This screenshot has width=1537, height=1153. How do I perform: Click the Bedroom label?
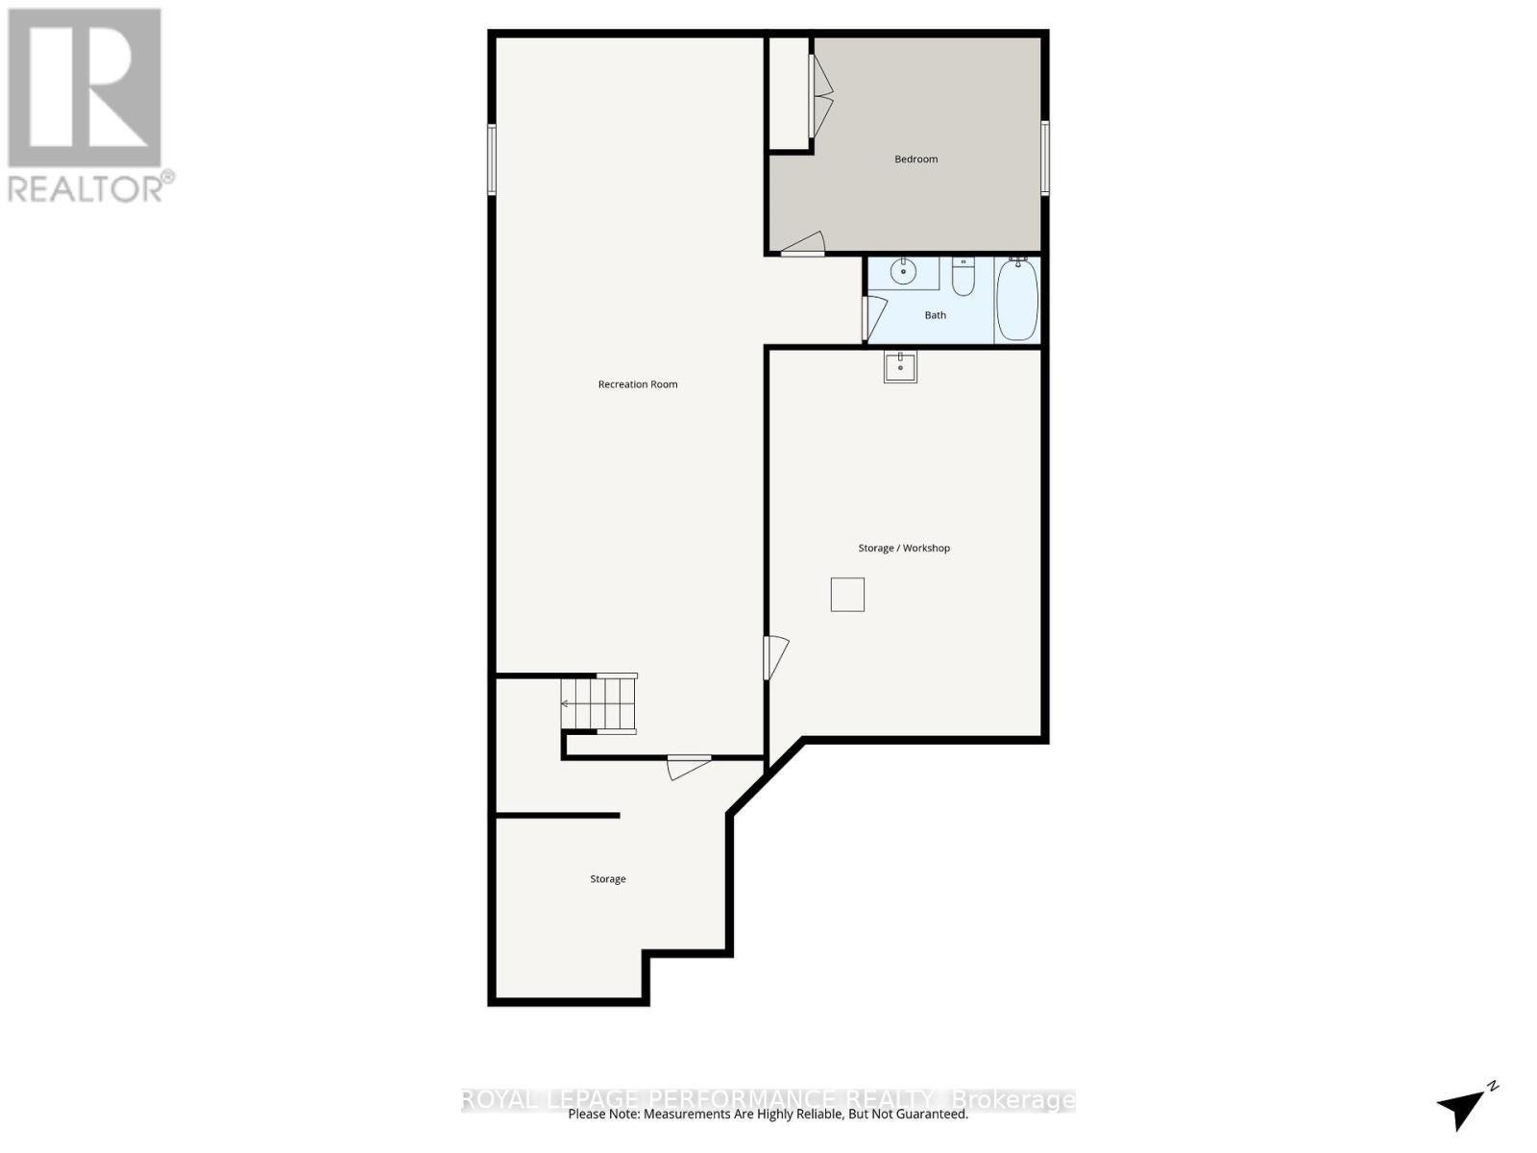915,159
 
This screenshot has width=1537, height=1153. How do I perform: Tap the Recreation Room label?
638,384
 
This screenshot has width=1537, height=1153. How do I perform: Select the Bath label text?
935,315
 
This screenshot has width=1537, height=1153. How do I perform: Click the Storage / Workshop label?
904,549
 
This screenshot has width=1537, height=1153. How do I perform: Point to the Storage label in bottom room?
608,879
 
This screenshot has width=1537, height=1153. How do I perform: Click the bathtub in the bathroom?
1017,299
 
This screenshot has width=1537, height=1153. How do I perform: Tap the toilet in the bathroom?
964,276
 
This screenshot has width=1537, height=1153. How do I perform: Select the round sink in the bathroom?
903,273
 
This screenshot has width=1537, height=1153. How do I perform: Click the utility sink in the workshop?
900,367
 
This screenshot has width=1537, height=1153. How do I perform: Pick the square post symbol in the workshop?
847,595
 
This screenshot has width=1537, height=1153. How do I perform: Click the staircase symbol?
599,704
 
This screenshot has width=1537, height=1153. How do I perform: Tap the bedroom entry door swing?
803,245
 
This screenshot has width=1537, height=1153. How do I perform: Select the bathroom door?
872,318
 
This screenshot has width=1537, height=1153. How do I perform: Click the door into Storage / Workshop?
775,658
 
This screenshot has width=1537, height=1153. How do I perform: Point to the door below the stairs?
688,767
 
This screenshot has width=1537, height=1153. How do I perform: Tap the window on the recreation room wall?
491,159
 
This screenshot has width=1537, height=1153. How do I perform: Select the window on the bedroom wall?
1045,159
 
